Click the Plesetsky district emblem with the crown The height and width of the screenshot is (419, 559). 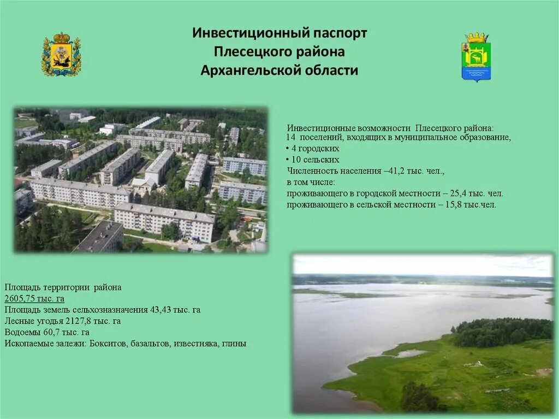[x=476, y=57]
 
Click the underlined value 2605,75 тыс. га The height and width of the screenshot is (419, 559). [x=34, y=298]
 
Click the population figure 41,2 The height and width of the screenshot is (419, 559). [x=395, y=171]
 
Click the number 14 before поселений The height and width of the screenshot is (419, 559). [x=290, y=137]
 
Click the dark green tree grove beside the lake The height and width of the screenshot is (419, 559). [x=502, y=332]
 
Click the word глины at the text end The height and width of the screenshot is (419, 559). [x=234, y=344]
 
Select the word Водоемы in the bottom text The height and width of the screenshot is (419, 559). [x=21, y=332]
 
